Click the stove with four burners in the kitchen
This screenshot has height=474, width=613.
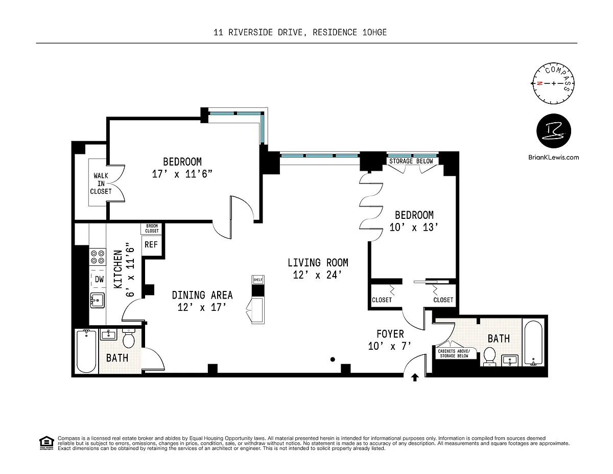(x=98, y=257)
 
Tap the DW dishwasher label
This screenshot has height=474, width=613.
(x=99, y=280)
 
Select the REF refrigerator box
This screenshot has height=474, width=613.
(x=151, y=245)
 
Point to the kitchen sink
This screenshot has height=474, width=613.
(x=98, y=300)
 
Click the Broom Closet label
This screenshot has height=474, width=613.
(x=152, y=229)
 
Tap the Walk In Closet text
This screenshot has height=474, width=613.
(x=101, y=184)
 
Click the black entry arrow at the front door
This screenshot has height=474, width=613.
(x=415, y=377)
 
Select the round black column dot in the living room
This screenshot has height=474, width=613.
(x=333, y=359)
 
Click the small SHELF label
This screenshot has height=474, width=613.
(x=258, y=280)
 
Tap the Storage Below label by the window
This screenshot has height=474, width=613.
(x=411, y=161)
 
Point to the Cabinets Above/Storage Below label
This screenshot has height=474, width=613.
(x=454, y=353)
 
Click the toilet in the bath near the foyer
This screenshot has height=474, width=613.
(x=489, y=355)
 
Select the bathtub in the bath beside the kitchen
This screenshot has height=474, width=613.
(x=86, y=351)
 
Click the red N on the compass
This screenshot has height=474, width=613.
(x=539, y=83)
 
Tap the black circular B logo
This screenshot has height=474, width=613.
(x=553, y=131)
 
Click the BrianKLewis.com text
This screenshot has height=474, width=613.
(x=553, y=157)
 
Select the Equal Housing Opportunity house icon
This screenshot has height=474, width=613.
(x=46, y=443)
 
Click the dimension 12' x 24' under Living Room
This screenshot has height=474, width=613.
(x=318, y=275)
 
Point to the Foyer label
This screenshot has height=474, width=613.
(x=390, y=334)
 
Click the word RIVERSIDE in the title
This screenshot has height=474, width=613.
(x=250, y=32)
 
